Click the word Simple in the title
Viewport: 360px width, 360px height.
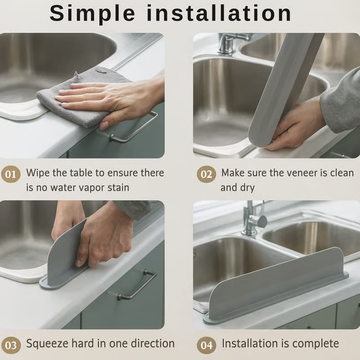92,14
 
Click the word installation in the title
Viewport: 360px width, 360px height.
219,13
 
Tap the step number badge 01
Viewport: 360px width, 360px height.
11,174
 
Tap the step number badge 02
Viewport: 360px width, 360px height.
207,174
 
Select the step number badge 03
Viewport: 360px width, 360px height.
11,345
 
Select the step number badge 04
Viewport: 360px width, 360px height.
207,345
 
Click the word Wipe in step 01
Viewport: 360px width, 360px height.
38,173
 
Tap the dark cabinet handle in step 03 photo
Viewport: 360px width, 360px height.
137,285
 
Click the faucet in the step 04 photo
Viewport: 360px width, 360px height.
254,219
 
